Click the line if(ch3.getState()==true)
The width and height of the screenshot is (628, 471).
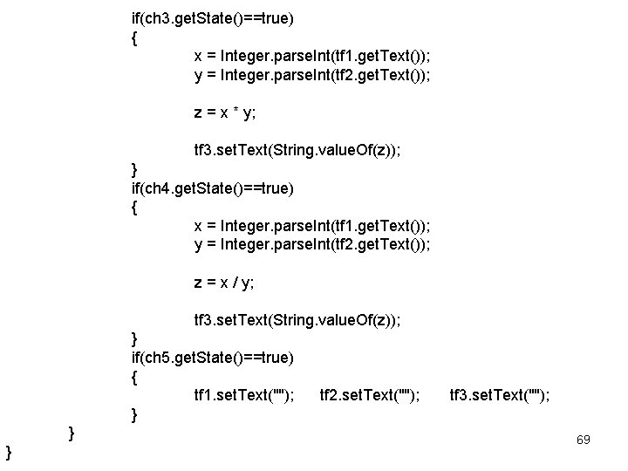pos(212,17)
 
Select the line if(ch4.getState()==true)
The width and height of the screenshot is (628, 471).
pos(212,188)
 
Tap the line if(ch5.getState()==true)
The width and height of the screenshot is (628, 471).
pos(212,358)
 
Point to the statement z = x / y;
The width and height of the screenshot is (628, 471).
pos(224,283)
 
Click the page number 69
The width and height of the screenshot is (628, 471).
pos(583,440)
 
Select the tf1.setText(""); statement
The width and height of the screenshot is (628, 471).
pos(243,396)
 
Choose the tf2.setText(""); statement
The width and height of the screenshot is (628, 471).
pos(370,396)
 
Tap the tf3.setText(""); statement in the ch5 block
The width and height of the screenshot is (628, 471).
pos(499,396)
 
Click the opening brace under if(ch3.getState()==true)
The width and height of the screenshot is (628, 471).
pos(133,38)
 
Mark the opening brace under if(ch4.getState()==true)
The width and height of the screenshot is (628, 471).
pos(133,208)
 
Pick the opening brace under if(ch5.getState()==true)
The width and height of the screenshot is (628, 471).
pos(133,378)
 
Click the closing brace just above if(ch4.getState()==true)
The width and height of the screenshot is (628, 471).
pos(133,168)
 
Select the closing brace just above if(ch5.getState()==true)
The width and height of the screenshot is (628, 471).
pos(133,338)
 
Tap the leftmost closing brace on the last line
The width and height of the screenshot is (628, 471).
pos(8,451)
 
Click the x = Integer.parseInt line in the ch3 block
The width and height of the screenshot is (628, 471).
pos(311,56)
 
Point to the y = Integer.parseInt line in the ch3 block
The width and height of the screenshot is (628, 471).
pos(311,75)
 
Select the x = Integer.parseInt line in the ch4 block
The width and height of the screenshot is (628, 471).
pos(311,226)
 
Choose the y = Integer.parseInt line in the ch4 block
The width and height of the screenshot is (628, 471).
pos(311,245)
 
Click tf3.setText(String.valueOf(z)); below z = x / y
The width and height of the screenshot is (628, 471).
pos(297,320)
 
